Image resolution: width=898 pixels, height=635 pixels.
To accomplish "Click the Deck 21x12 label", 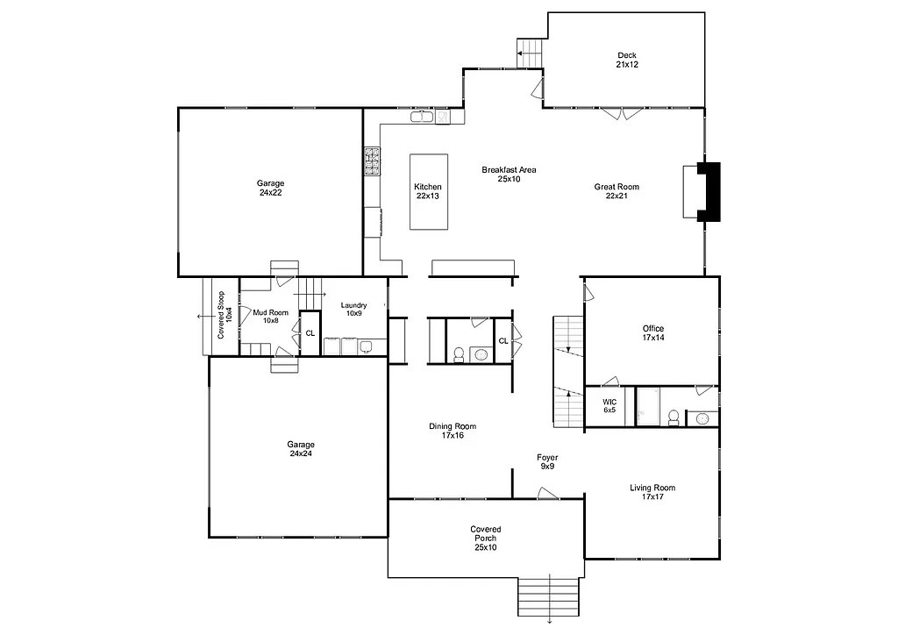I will (626, 61).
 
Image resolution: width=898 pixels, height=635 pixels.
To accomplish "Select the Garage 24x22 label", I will (270, 188).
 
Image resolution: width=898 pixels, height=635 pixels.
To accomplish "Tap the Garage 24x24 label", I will (300, 449).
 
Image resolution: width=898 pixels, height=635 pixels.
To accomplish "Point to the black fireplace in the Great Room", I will (709, 192).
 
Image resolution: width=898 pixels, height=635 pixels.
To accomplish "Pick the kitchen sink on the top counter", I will (421, 116).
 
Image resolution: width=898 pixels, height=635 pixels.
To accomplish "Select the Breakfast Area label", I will (509, 175).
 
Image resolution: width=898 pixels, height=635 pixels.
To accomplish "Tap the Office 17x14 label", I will (653, 333).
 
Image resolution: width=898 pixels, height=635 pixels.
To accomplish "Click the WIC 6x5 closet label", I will (609, 406).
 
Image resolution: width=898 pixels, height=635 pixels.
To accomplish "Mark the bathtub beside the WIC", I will (648, 407).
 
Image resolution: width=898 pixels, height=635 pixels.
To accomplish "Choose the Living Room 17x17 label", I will (652, 492).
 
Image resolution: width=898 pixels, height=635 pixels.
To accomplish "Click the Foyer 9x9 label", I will (547, 462).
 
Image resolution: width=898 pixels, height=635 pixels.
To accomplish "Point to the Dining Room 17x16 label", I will (453, 431).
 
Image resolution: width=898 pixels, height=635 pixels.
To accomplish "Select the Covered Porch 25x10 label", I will (485, 539).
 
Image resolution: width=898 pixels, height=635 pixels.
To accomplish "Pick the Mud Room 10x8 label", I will (270, 316).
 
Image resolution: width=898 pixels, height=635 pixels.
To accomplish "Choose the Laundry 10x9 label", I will (353, 309).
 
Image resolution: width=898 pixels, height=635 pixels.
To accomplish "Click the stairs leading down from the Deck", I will (531, 53).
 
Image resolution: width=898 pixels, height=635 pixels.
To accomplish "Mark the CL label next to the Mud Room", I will (310, 333).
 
